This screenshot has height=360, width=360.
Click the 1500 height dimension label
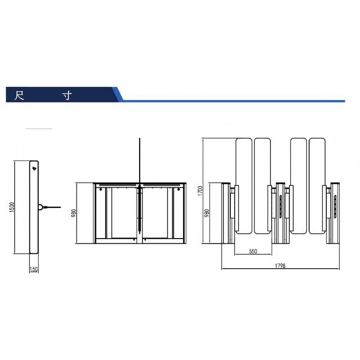[12, 207]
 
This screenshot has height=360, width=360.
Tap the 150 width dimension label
[34, 269]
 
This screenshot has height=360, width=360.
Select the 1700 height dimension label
[200, 190]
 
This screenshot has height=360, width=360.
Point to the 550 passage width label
[253, 251]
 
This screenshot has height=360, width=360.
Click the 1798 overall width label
[280, 266]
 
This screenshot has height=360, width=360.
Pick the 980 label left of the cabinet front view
[74, 213]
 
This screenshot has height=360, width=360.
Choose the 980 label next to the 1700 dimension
[207, 213]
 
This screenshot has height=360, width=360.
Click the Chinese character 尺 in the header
[19, 95]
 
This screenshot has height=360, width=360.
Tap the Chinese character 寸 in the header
[67, 95]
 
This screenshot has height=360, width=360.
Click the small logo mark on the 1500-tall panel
[34, 168]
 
